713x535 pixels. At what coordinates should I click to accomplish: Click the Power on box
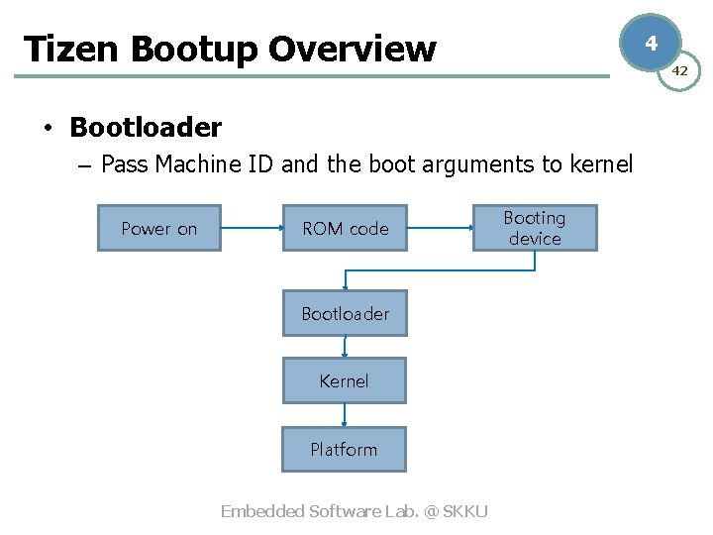158,228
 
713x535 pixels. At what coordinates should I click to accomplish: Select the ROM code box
345,228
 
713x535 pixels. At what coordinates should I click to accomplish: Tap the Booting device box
535,228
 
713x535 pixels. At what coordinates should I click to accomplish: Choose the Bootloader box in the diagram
345,313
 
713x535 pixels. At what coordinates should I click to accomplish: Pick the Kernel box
345,380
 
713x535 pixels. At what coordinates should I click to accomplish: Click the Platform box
344,449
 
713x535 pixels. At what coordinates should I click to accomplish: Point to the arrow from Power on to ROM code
252,228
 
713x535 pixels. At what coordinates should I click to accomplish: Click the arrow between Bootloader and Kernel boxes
345,347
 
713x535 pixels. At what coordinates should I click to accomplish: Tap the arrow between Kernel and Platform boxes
345,415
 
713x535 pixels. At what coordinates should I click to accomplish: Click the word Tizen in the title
63,49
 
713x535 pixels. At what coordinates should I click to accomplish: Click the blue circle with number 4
651,43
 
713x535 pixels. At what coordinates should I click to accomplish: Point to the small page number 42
680,70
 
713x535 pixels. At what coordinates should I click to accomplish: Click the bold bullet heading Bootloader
146,128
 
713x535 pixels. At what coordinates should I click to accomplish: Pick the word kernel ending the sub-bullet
601,164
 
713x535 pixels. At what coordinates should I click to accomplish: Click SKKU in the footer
465,511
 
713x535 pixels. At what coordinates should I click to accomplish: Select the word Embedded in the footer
262,511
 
